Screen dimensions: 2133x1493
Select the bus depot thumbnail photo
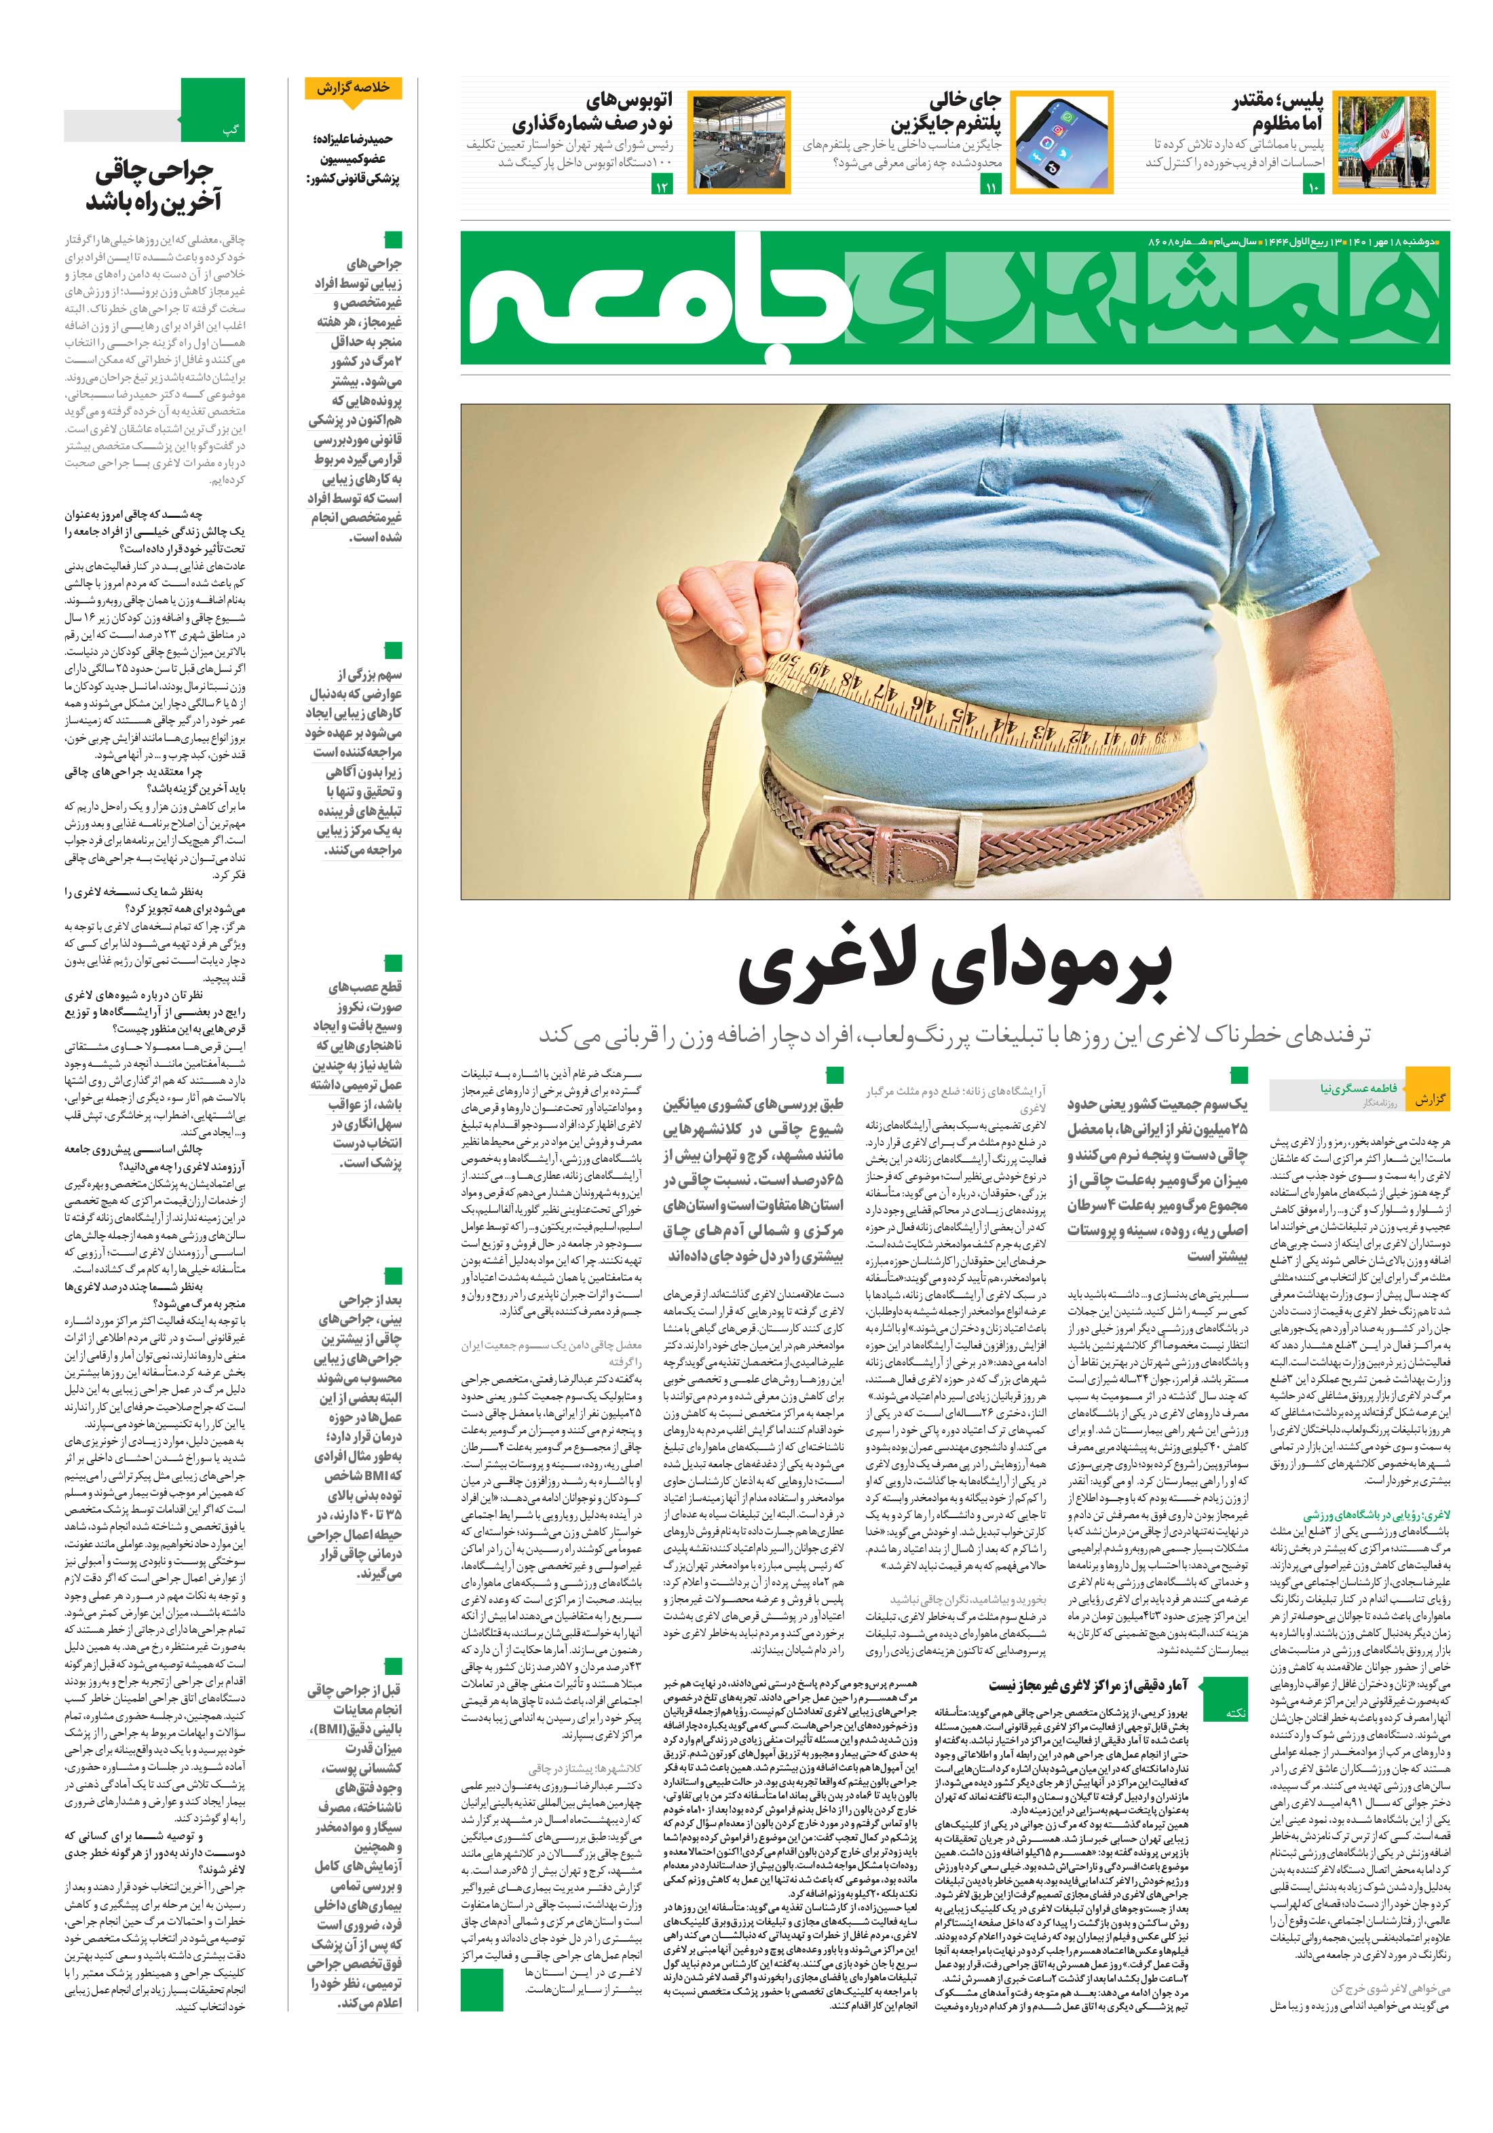click(738, 141)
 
